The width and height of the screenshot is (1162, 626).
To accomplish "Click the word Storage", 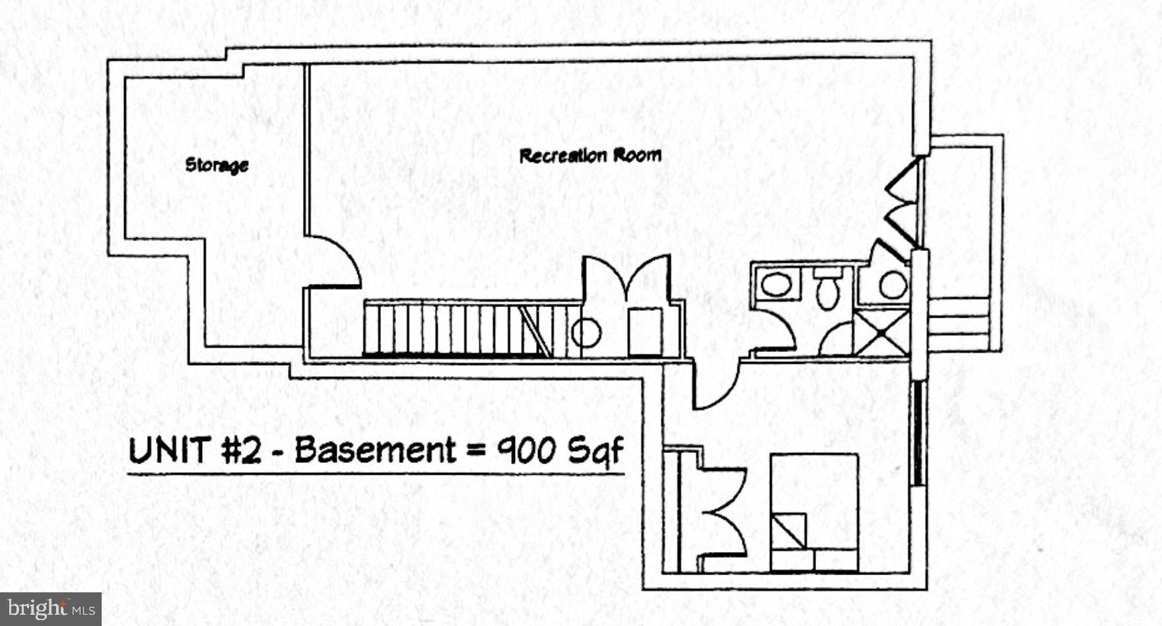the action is pyautogui.click(x=217, y=164).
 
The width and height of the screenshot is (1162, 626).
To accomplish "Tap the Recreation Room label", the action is pyautogui.click(x=590, y=156).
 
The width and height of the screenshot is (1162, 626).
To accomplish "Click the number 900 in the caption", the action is pyautogui.click(x=527, y=451).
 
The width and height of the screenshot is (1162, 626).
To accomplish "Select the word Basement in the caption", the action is pyautogui.click(x=375, y=450).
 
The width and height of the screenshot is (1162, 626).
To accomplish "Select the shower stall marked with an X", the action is pyautogui.click(x=881, y=333).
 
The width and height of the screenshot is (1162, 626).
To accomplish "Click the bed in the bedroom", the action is pyautogui.click(x=815, y=512).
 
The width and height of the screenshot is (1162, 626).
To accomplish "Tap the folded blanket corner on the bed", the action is pyautogui.click(x=789, y=531).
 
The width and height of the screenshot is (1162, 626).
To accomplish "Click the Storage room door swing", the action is pyautogui.click(x=333, y=261).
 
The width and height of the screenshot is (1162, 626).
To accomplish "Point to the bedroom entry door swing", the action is pyautogui.click(x=716, y=385).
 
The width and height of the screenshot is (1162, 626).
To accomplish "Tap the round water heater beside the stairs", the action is pyautogui.click(x=586, y=333).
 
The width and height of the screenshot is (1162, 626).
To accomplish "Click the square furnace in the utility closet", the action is pyautogui.click(x=645, y=332).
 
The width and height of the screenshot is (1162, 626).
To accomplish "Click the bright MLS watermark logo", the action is pyautogui.click(x=51, y=609).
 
